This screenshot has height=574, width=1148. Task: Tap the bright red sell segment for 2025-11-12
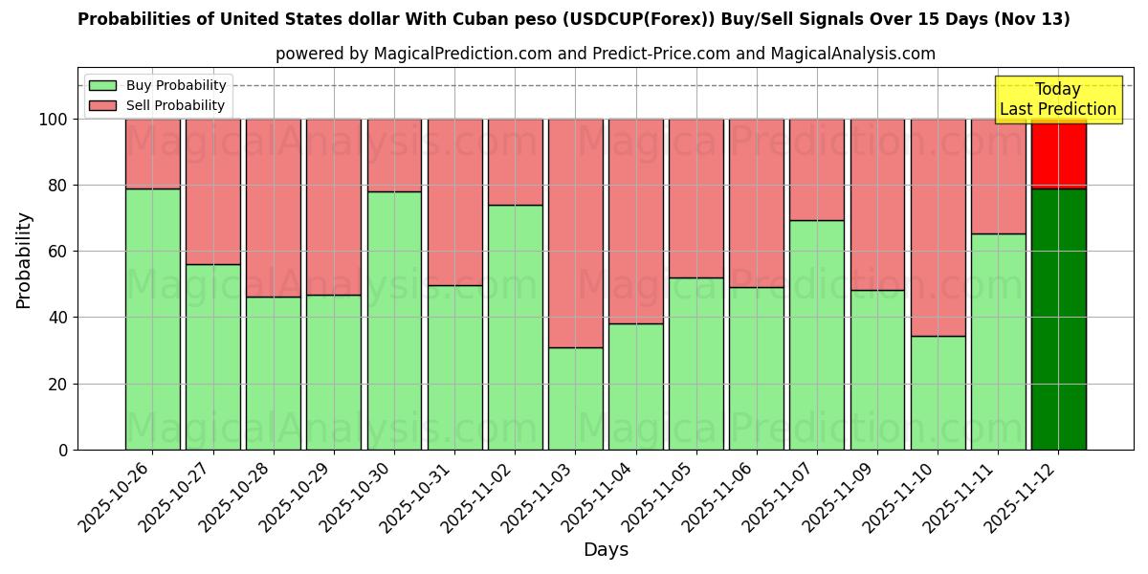(x=1058, y=153)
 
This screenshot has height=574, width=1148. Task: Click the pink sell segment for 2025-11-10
(x=938, y=228)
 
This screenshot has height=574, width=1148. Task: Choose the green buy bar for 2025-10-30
(x=394, y=320)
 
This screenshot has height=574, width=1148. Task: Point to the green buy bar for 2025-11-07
(x=817, y=335)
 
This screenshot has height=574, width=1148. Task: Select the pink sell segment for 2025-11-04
(x=635, y=221)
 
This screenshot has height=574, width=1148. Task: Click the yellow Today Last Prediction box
(x=1058, y=99)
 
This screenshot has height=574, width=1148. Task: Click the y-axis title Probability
(x=24, y=260)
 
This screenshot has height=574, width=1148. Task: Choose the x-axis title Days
(x=606, y=550)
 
